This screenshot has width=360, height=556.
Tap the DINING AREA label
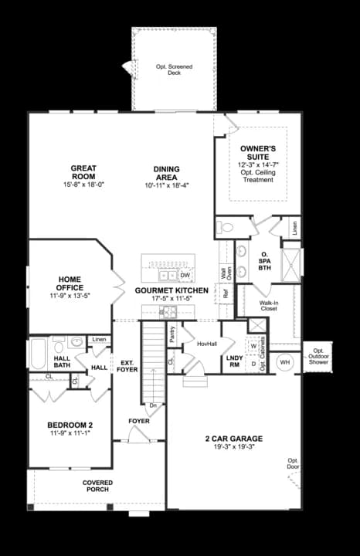(166, 174)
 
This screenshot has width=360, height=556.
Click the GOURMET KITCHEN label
(171, 290)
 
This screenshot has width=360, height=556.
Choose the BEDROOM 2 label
(70, 425)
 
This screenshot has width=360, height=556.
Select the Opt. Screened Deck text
(174, 70)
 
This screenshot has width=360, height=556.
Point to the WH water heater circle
(284, 361)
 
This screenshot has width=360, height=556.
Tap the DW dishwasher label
(185, 275)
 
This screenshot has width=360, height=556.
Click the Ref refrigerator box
(226, 293)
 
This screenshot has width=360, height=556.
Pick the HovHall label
(206, 344)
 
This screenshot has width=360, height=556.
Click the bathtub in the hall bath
(38, 356)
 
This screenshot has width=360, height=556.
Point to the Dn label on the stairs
(153, 405)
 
